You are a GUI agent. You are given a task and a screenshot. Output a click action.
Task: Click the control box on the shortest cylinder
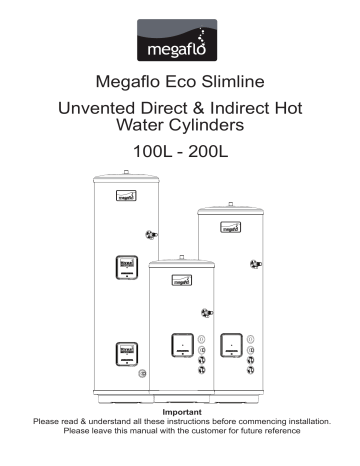click(x=180, y=346)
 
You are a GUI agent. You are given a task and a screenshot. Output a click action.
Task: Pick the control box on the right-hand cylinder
click(x=232, y=346)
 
